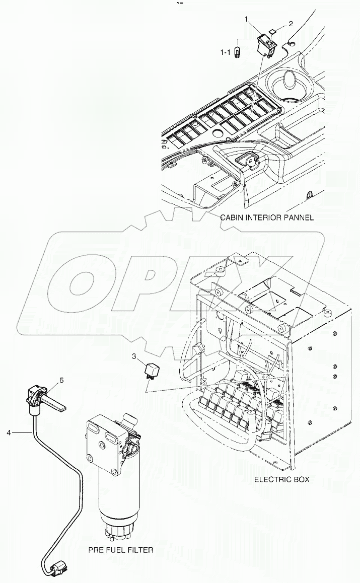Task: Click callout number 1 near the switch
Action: tap(247, 19)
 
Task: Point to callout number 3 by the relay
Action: tap(134, 357)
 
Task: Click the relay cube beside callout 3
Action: tap(150, 372)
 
